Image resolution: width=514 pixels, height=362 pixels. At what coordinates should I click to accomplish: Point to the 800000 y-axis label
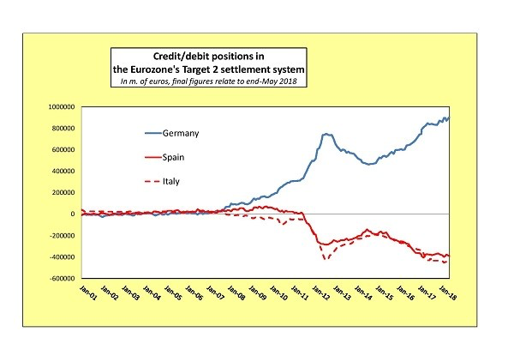pos(75,129)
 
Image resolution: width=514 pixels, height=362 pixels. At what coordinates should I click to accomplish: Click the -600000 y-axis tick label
pos(73,279)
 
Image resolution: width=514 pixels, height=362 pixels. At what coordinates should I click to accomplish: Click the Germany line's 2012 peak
pos(326,134)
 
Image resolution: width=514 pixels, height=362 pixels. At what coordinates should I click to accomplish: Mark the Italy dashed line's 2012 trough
pos(326,258)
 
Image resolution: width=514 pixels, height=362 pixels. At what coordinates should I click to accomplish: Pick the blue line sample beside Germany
pos(156,133)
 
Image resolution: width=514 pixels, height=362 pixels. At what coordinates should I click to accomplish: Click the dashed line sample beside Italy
pos(156,181)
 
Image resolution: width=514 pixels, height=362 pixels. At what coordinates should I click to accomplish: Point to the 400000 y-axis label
pos(75,172)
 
